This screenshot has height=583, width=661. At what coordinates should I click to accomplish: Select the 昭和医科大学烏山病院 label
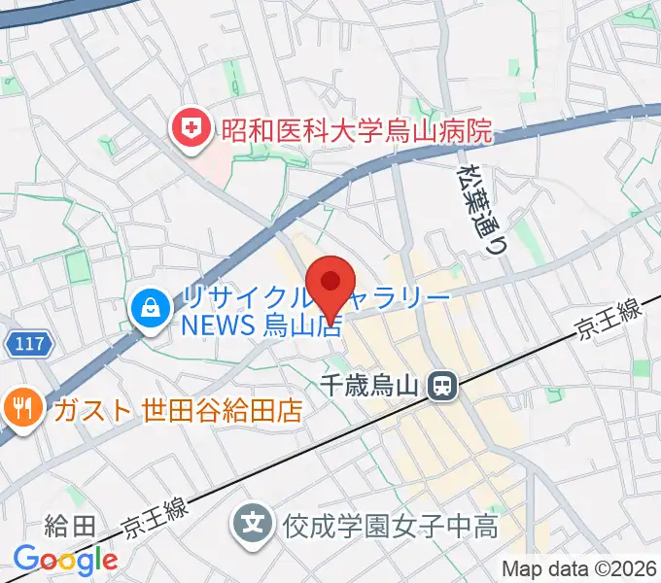pyautogui.click(x=355, y=127)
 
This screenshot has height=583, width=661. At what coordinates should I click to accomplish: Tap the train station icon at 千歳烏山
pyautogui.click(x=443, y=387)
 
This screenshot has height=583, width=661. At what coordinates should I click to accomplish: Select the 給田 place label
pyautogui.click(x=71, y=527)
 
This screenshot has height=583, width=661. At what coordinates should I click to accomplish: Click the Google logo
pyautogui.click(x=65, y=560)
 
